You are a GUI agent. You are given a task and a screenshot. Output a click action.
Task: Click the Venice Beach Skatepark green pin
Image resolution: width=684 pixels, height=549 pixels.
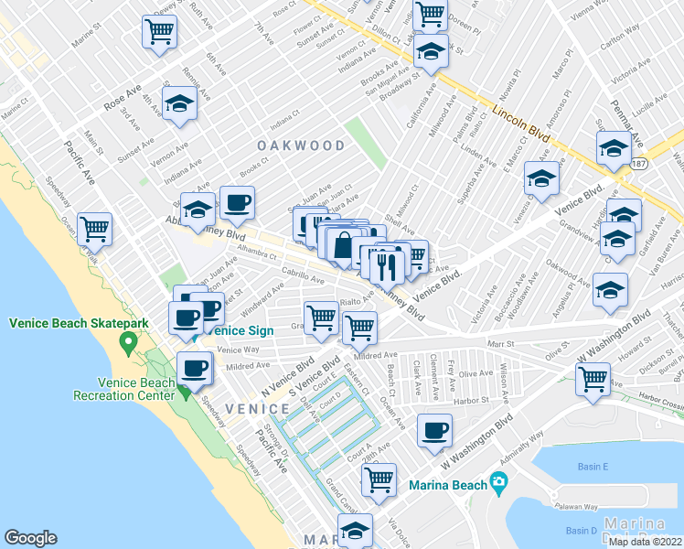(128, 345)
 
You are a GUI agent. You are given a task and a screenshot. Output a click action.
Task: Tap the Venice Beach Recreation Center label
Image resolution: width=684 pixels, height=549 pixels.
(123, 389)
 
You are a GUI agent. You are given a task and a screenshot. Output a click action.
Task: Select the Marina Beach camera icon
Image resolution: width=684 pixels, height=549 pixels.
(497, 481)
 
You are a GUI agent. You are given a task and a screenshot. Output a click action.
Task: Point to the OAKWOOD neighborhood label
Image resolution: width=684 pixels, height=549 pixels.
(301, 146)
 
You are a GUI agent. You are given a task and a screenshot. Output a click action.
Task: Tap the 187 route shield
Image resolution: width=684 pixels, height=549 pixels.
(639, 163)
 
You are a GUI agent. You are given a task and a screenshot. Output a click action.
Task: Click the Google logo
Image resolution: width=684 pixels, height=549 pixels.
(30, 538)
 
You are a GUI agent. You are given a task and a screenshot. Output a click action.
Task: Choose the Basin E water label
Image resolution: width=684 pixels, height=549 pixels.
(593, 467)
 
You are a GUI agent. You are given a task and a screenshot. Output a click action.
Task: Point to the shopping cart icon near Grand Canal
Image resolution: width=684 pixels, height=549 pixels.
(379, 479)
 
